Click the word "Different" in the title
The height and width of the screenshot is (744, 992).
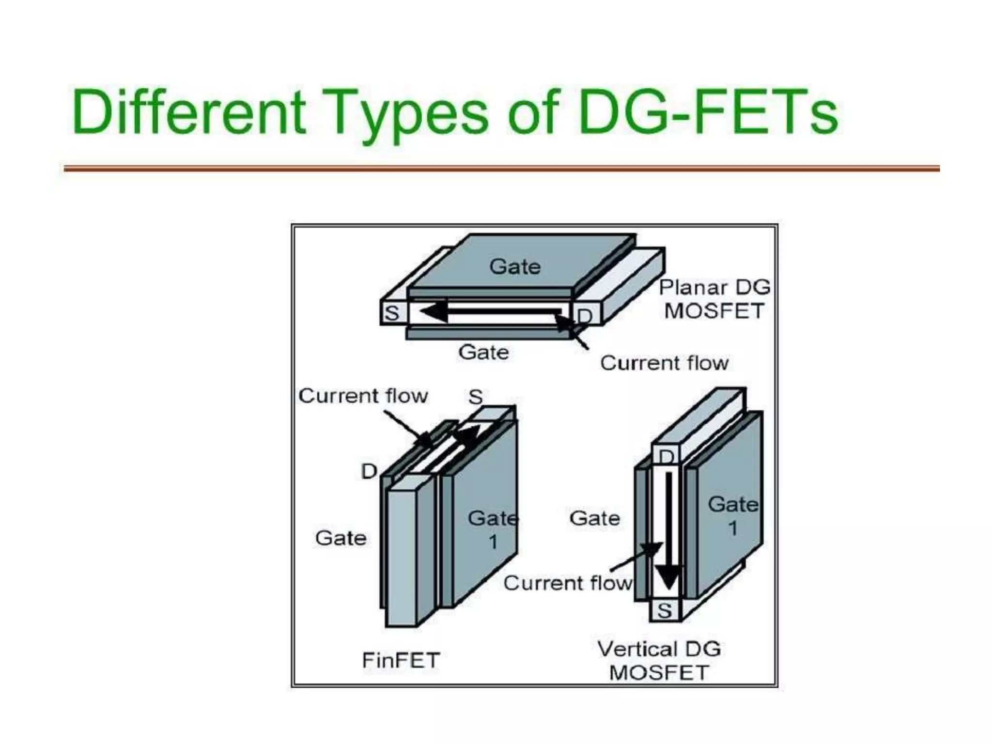coord(189,112)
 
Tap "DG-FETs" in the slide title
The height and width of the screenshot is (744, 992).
coord(707,112)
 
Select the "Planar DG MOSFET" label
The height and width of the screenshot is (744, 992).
coord(714,299)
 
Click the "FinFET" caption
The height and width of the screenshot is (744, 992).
coord(401,660)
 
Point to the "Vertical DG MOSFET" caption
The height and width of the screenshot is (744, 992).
coord(659,661)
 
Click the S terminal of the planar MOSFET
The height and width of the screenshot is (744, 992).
coord(392,313)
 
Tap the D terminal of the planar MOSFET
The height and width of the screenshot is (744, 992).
coord(585,316)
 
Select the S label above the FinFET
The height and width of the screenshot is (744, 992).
coord(475,397)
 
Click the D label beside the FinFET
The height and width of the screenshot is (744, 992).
coord(369,471)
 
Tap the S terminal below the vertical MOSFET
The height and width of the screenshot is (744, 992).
coord(665,610)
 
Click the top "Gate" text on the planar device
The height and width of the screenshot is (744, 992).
coord(514,266)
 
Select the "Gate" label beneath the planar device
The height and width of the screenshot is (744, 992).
coord(483,352)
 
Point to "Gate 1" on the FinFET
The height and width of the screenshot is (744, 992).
coord(493,529)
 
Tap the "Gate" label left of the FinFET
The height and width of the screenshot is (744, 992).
coord(341,538)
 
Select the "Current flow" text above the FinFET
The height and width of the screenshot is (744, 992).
coord(363,396)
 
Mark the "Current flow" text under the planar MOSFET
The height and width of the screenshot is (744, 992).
coord(664,363)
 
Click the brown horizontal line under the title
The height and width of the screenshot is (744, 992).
coord(501,169)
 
